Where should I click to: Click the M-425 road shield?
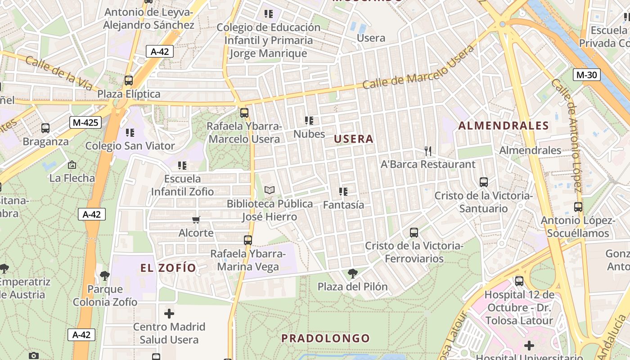pyautogui.click(x=85, y=122)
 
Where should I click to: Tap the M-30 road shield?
pyautogui.click(x=586, y=75)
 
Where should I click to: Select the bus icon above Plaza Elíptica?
pyautogui.click(x=129, y=81)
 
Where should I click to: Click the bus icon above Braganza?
pyautogui.click(x=45, y=128)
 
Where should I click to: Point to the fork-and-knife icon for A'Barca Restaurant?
pyautogui.click(x=428, y=151)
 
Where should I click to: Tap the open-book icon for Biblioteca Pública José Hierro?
pyautogui.click(x=270, y=190)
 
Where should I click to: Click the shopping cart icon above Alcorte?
pyautogui.click(x=196, y=220)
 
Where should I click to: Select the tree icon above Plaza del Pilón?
pyautogui.click(x=353, y=273)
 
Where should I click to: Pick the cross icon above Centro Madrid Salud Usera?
pyautogui.click(x=169, y=313)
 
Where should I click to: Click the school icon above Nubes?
pyautogui.click(x=309, y=121)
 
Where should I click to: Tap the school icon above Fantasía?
pyautogui.click(x=343, y=192)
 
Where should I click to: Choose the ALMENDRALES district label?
pyautogui.click(x=504, y=126)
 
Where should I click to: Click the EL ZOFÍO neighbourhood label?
pyautogui.click(x=168, y=268)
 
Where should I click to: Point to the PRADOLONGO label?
pyautogui.click(x=325, y=338)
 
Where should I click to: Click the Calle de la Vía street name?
pyautogui.click(x=58, y=73)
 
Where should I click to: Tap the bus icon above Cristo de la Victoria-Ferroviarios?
pyautogui.click(x=414, y=233)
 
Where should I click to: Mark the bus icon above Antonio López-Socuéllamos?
pyautogui.click(x=578, y=207)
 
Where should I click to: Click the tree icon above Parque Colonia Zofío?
pyautogui.click(x=105, y=275)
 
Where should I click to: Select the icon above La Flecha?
pyautogui.click(x=72, y=165)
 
